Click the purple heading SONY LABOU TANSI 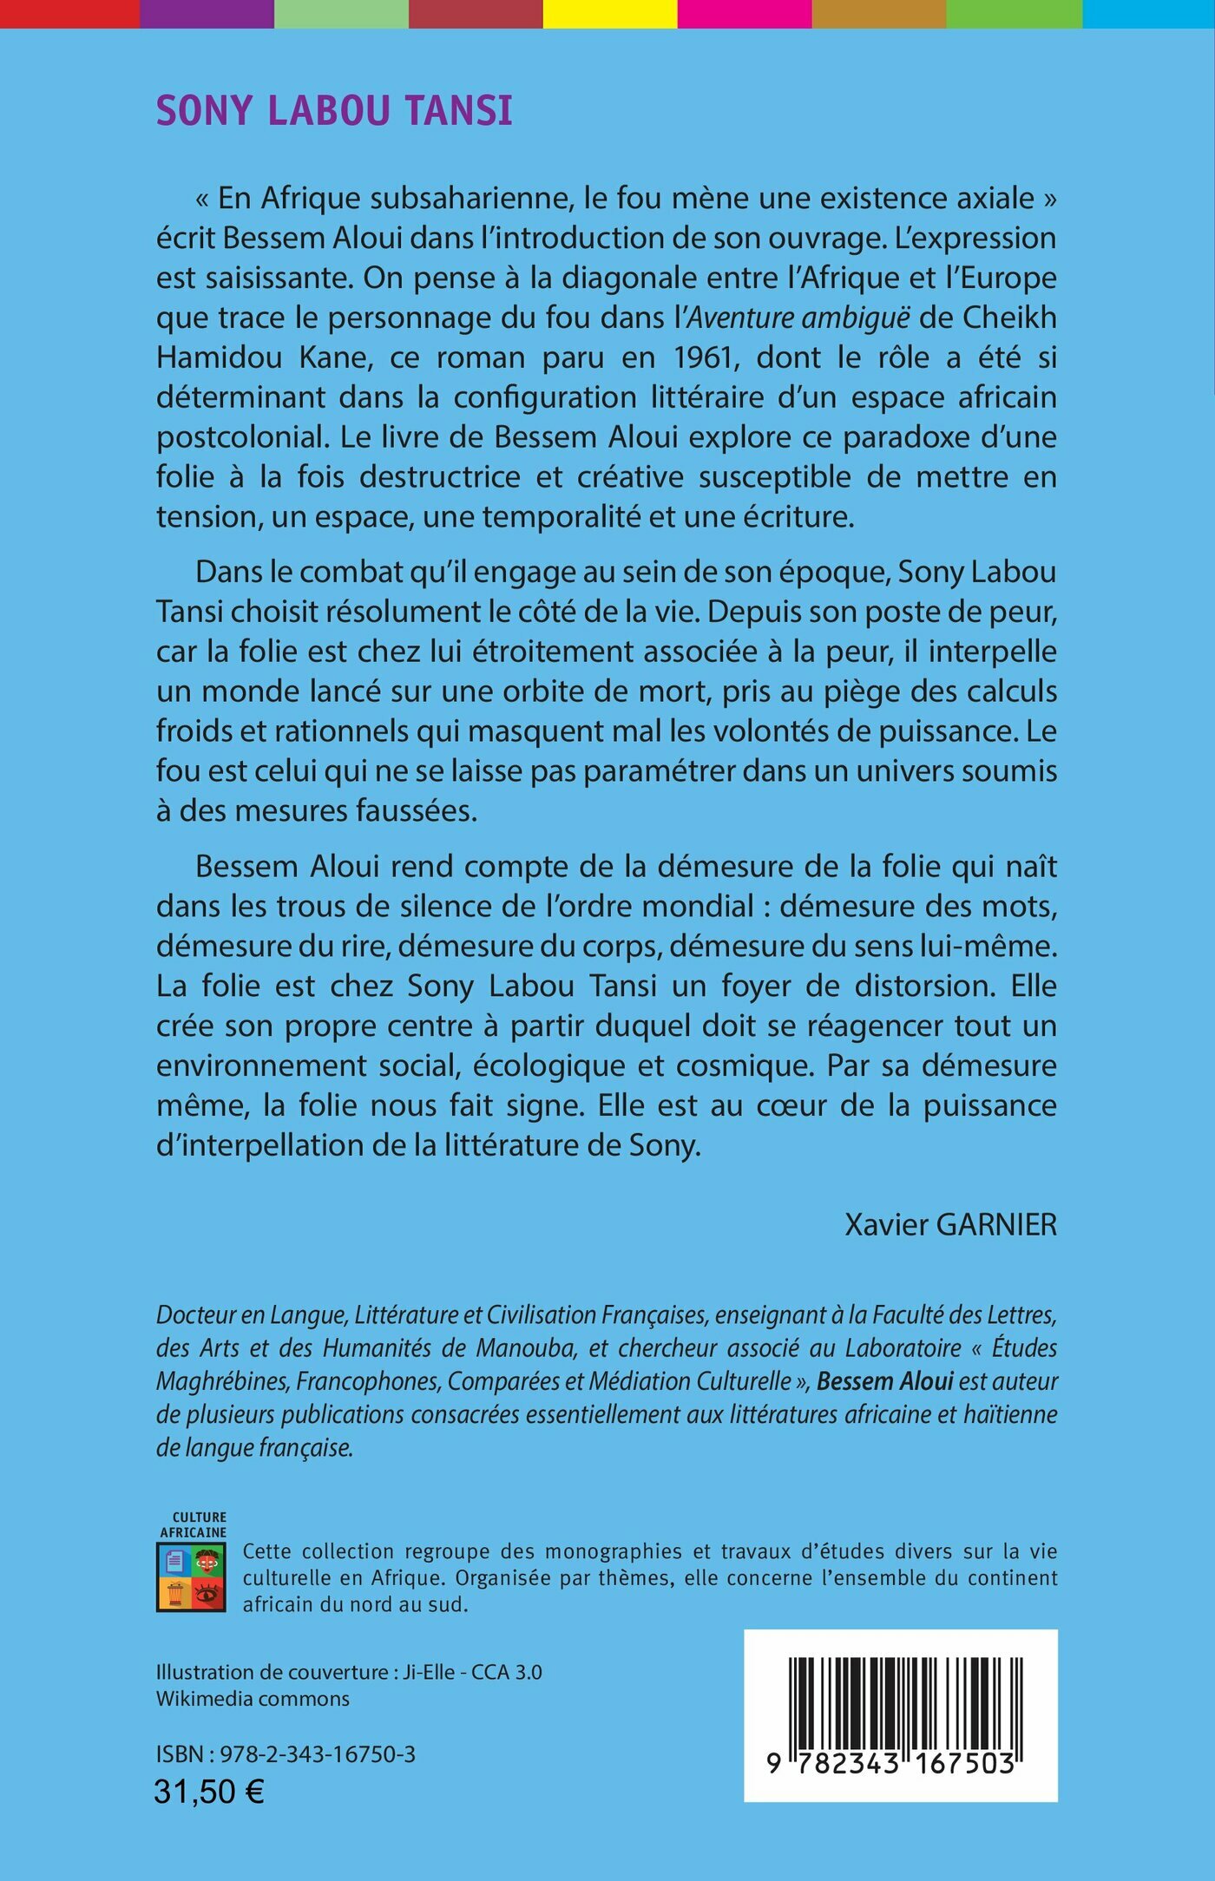pyautogui.click(x=334, y=111)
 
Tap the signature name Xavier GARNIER pyautogui.click(x=950, y=1224)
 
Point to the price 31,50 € pyautogui.click(x=209, y=1792)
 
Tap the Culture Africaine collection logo pyautogui.click(x=192, y=1571)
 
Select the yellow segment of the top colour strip pyautogui.click(x=609, y=13)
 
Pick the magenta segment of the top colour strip pyautogui.click(x=744, y=13)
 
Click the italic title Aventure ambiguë pyautogui.click(x=798, y=318)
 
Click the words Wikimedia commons pyautogui.click(x=253, y=1699)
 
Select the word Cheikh pyautogui.click(x=1009, y=318)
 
